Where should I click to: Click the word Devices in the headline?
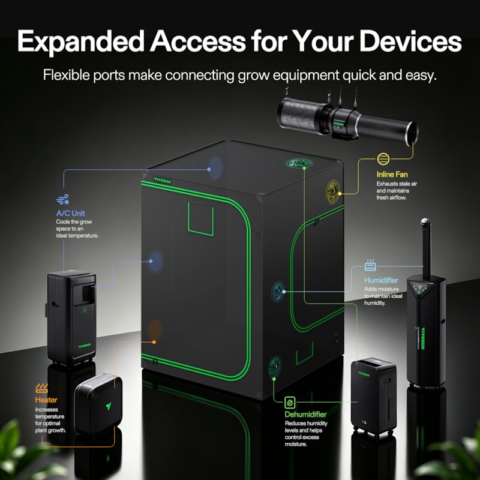click(x=410, y=41)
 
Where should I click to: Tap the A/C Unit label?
click(x=70, y=213)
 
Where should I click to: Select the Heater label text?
click(x=46, y=400)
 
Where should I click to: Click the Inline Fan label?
click(x=392, y=175)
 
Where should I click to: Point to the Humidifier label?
click(x=381, y=280)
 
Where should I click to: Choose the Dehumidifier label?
click(x=305, y=414)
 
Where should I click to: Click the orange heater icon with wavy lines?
click(x=41, y=388)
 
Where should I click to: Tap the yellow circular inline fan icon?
click(x=383, y=159)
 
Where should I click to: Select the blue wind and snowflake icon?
click(x=63, y=199)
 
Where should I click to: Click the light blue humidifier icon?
click(x=370, y=265)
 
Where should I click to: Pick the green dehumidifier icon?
click(x=290, y=403)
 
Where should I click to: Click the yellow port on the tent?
click(x=333, y=192)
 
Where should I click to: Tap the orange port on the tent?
click(x=155, y=329)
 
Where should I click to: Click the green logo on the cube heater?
click(x=109, y=406)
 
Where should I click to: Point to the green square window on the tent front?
click(x=200, y=219)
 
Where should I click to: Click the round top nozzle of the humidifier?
click(x=425, y=221)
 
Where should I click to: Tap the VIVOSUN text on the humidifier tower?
click(x=423, y=338)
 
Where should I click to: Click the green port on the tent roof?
click(x=299, y=163)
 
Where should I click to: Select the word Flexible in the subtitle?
click(x=67, y=75)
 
